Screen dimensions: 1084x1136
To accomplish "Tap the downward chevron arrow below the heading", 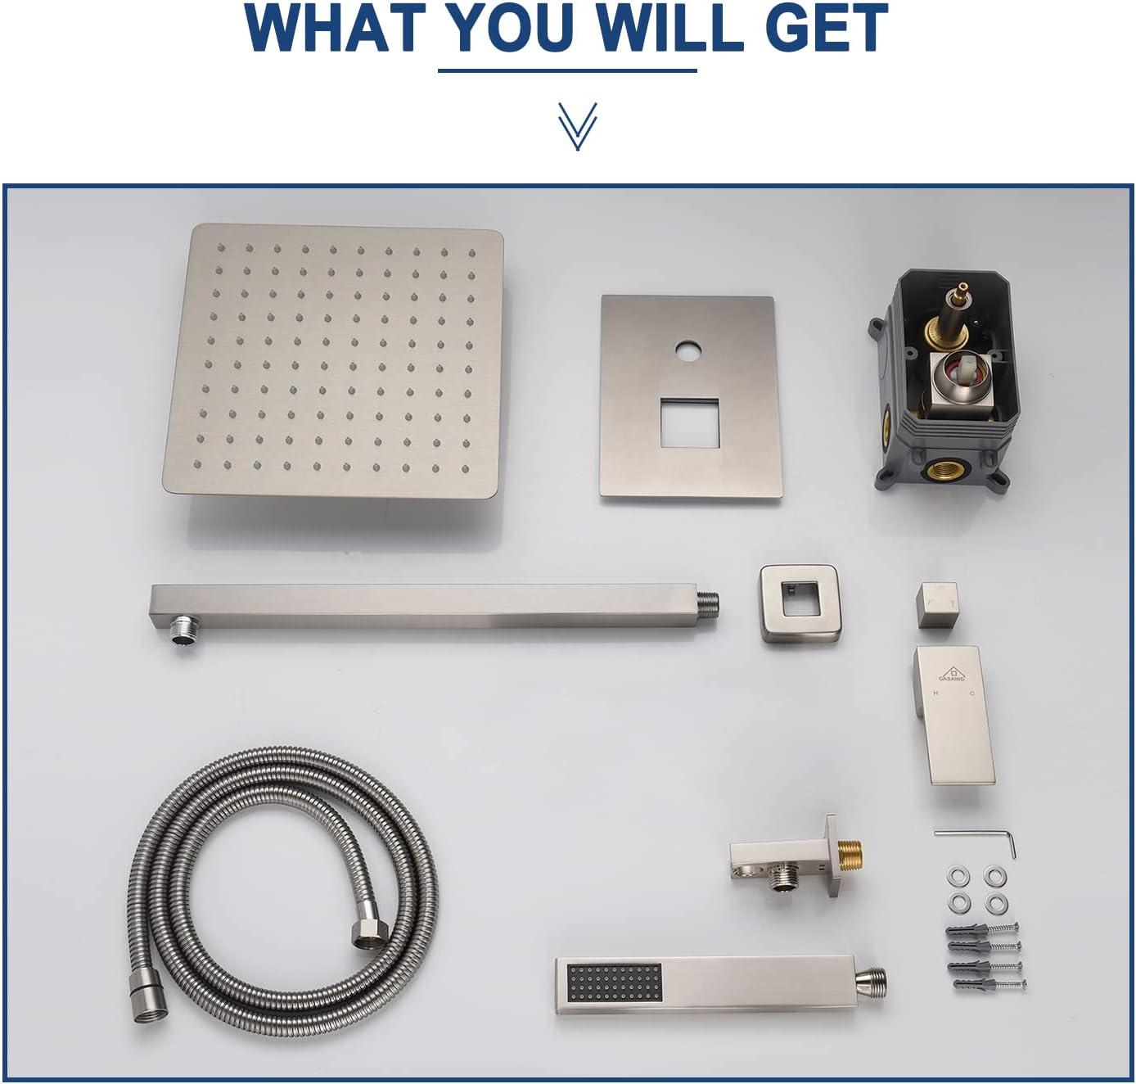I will (x=577, y=126).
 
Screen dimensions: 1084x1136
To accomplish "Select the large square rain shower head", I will (x=333, y=360).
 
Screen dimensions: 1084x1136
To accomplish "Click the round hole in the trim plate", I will (x=689, y=353).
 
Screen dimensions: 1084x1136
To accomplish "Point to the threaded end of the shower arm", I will (x=709, y=604).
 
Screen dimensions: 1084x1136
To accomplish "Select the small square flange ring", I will (x=799, y=603).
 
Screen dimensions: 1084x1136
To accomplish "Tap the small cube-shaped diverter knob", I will (x=936, y=605).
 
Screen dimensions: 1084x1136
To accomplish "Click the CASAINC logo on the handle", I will (x=953, y=674).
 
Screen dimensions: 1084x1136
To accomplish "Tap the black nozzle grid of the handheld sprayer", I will (x=614, y=982).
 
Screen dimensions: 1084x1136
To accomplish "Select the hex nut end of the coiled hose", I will (x=370, y=933).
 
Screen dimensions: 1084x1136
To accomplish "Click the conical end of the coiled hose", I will (x=149, y=1004).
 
